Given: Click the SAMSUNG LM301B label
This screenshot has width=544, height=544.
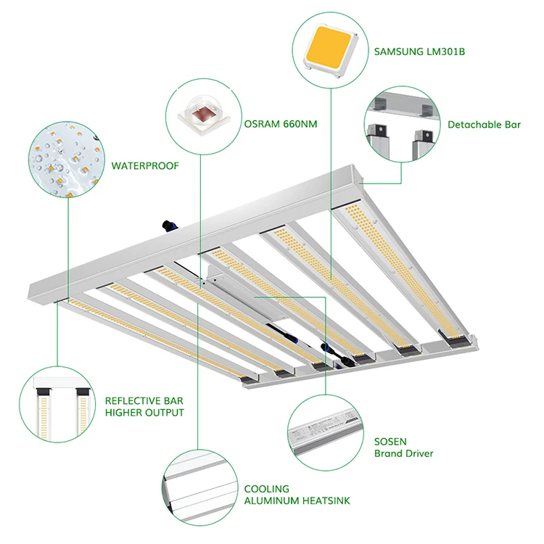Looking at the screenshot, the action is click(x=419, y=51).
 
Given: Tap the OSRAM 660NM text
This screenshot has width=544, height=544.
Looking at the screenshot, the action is click(x=280, y=124).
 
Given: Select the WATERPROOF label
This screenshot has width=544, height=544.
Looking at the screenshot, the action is click(x=145, y=165).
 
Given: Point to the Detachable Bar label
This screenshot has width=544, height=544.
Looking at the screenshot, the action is click(x=484, y=125).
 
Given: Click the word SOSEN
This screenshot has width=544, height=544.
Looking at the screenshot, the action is click(x=390, y=442).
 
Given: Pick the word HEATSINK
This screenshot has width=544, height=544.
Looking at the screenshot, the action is click(x=326, y=500).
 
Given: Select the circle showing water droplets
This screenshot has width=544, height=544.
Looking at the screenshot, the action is click(x=67, y=160).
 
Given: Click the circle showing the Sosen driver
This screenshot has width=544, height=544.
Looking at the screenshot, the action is click(x=326, y=432).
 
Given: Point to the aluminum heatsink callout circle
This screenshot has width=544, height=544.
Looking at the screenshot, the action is click(x=200, y=487).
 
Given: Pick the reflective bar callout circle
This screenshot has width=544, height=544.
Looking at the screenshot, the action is click(x=57, y=404).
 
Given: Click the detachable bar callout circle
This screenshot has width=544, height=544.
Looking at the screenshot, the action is click(x=402, y=124).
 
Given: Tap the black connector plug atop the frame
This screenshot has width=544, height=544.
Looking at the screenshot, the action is click(x=170, y=226).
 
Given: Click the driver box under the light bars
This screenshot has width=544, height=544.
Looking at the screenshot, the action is click(x=247, y=292).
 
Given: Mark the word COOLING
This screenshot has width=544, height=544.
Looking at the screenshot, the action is click(x=266, y=489).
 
